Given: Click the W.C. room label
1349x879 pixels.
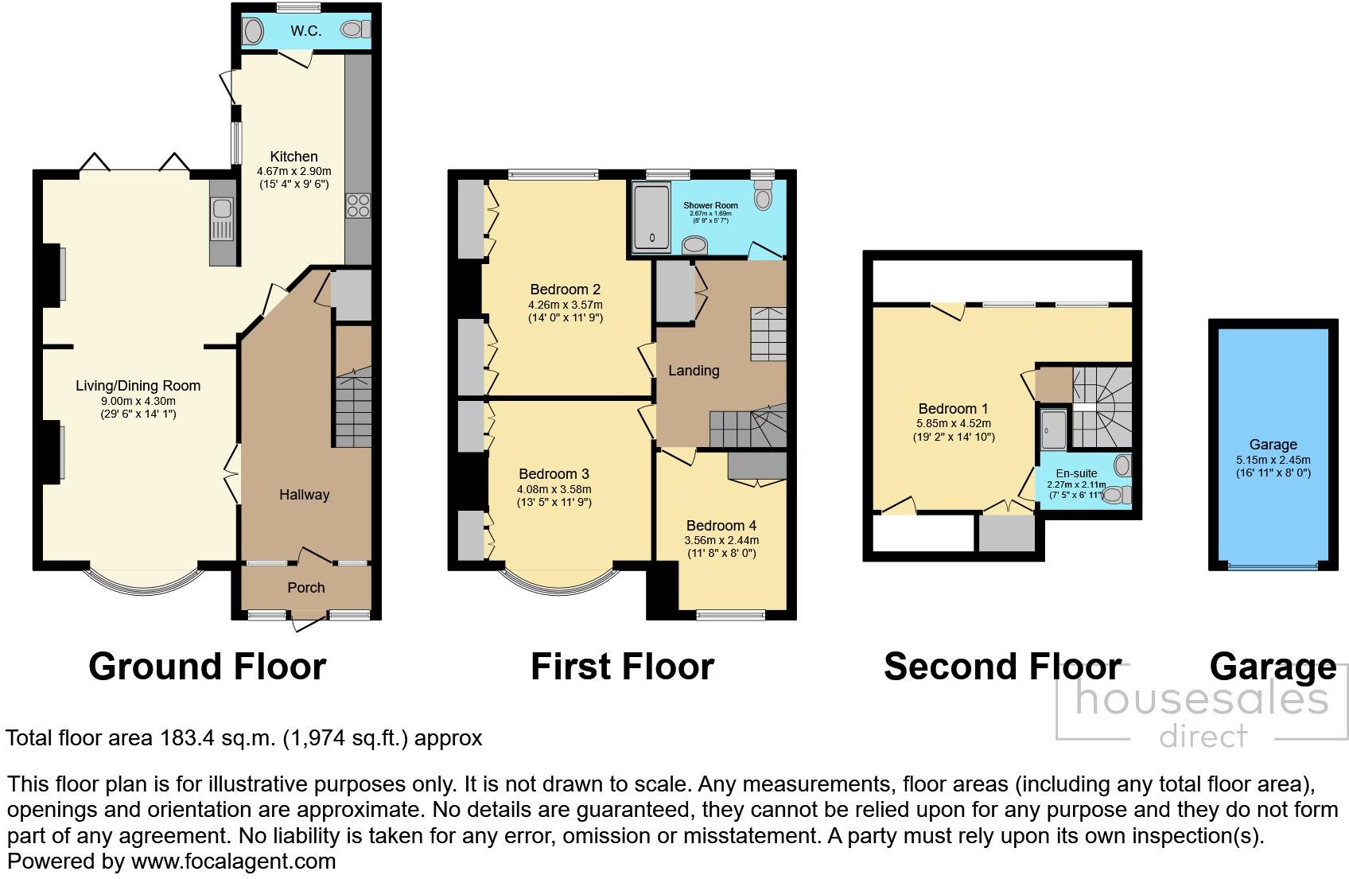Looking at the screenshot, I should click(305, 31).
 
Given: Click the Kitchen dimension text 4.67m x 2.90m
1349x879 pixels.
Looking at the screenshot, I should click(294, 171).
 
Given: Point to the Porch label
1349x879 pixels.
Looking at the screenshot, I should click(305, 588).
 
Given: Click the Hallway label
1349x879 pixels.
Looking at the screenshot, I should click(304, 495).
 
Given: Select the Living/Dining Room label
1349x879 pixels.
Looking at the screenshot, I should click(138, 386).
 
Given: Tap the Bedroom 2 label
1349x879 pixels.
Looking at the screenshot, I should click(565, 290).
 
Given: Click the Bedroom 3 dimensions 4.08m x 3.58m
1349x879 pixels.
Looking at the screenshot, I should click(554, 489).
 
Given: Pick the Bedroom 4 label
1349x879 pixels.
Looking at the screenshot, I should click(721, 526).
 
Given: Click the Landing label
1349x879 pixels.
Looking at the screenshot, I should click(693, 371).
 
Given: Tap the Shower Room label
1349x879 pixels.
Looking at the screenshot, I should click(710, 205).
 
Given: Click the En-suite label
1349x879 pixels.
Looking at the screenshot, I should click(1076, 473).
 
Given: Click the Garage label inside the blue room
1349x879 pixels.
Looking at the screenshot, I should click(1273, 445).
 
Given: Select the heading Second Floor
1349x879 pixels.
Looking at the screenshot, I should click(1002, 667).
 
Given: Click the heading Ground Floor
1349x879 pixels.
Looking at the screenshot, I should click(207, 667).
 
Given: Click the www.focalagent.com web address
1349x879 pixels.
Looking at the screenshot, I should click(233, 861).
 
